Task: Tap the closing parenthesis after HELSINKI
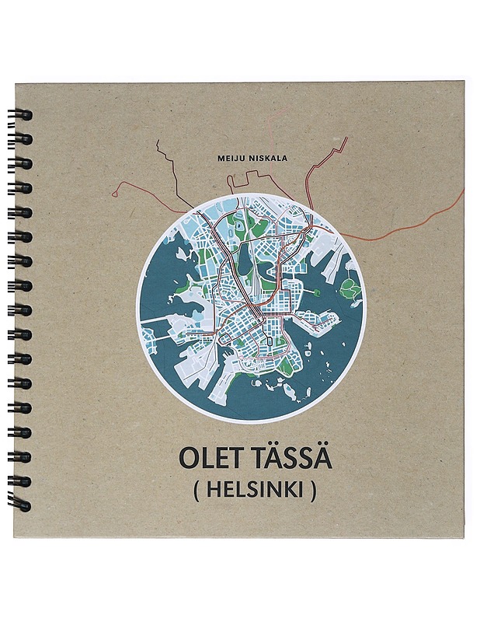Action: pos(312,493)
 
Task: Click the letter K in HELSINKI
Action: pos(283,492)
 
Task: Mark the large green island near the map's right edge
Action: pos(350,289)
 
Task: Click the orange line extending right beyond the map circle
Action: pos(404,228)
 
